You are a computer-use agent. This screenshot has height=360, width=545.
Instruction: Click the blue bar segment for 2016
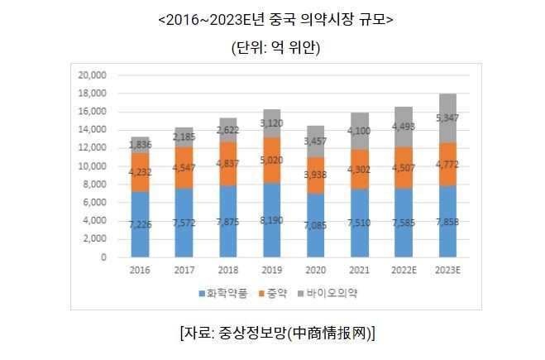pyautogui.click(x=141, y=223)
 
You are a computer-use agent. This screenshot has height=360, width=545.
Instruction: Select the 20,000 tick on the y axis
pyautogui.click(x=92, y=74)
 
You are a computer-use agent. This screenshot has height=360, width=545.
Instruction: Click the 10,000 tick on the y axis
pyautogui.click(x=92, y=166)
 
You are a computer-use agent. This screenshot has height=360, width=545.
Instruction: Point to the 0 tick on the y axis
pyautogui.click(x=104, y=257)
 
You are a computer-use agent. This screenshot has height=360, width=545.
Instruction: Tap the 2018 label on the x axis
pyautogui.click(x=228, y=271)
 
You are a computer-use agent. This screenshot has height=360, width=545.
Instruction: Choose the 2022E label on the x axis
pyautogui.click(x=404, y=271)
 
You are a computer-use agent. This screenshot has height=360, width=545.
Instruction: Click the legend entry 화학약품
pyautogui.click(x=222, y=293)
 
